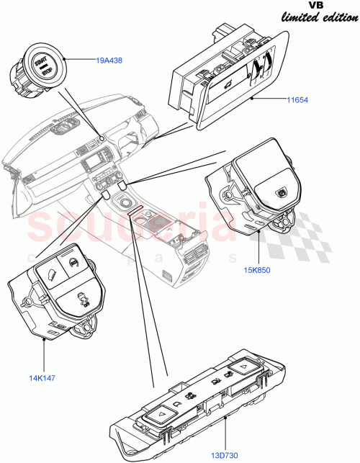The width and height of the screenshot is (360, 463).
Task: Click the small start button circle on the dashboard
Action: point(102,137)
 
